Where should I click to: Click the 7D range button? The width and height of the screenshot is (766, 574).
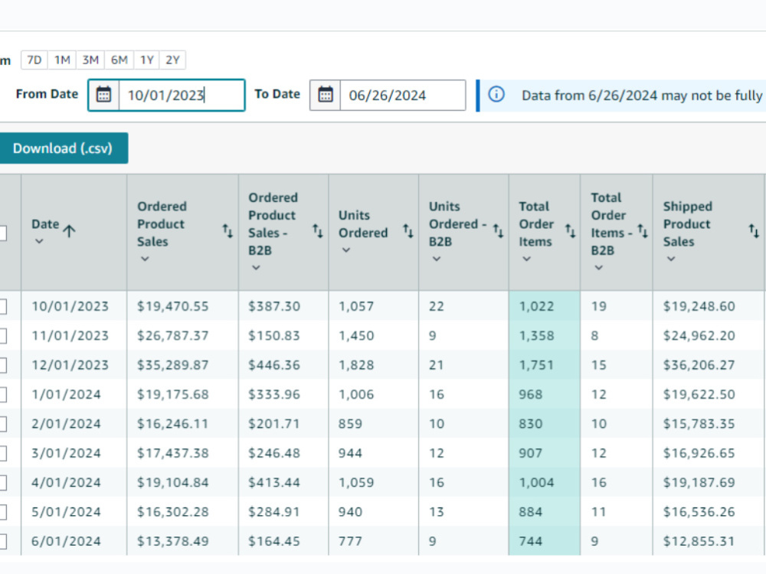pyautogui.click(x=34, y=60)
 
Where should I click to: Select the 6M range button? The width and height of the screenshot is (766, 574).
pyautogui.click(x=119, y=60)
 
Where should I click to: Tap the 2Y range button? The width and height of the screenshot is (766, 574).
pyautogui.click(x=172, y=60)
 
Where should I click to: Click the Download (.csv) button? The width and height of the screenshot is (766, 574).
pyautogui.click(x=63, y=148)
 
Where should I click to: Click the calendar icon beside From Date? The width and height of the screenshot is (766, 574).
pyautogui.click(x=103, y=95)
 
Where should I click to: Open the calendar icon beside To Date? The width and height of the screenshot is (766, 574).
pyautogui.click(x=326, y=95)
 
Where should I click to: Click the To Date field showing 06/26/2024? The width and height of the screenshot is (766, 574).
pyautogui.click(x=403, y=95)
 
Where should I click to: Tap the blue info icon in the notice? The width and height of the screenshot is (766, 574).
pyautogui.click(x=496, y=94)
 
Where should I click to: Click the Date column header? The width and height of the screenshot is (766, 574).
pyautogui.click(x=45, y=224)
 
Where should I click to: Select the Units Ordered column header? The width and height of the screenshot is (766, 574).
pyautogui.click(x=363, y=224)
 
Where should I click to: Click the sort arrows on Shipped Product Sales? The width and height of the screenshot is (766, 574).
pyautogui.click(x=754, y=231)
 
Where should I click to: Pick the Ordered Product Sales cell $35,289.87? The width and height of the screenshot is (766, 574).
pyautogui.click(x=172, y=365)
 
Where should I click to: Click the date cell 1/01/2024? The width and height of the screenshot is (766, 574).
pyautogui.click(x=66, y=394)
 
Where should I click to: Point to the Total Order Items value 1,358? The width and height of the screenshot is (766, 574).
pyautogui.click(x=536, y=336)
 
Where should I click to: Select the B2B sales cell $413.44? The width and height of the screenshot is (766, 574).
pyautogui.click(x=274, y=483)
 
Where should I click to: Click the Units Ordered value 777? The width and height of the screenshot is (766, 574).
pyautogui.click(x=350, y=541)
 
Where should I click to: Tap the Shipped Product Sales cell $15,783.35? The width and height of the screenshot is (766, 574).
pyautogui.click(x=699, y=424)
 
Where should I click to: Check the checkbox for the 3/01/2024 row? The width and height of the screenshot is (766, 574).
pyautogui.click(x=2, y=453)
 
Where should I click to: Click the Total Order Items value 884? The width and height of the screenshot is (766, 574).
pyautogui.click(x=531, y=512)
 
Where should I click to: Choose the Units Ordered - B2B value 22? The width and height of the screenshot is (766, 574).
pyautogui.click(x=437, y=307)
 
